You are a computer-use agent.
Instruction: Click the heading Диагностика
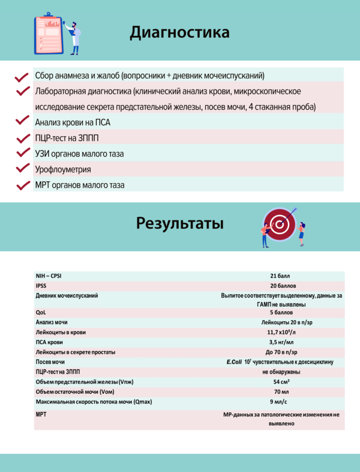(x=179, y=32)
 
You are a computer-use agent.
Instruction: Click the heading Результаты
(x=180, y=223)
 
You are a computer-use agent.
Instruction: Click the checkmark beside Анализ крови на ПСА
(x=23, y=121)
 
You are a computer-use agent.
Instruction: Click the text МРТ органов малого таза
(x=80, y=186)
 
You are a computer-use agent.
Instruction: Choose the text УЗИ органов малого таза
(x=79, y=154)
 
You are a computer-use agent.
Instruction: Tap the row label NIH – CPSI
(x=49, y=276)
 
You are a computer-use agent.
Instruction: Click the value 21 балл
(x=280, y=276)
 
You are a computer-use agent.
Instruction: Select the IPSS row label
(x=41, y=286)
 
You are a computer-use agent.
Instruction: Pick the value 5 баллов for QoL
(x=281, y=313)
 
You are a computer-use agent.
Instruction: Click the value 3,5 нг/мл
(x=280, y=342)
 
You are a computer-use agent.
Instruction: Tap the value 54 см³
(x=281, y=382)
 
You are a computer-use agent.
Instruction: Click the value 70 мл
(x=281, y=392)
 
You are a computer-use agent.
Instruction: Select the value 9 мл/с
(x=280, y=401)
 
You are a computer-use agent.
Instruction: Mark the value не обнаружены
(x=281, y=372)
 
